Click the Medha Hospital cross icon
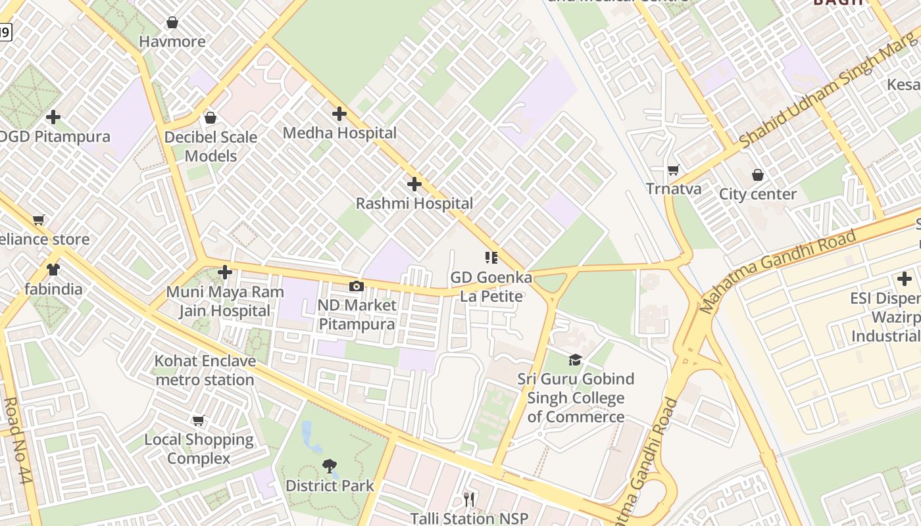339,114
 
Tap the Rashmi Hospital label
414,204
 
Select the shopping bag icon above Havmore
172,23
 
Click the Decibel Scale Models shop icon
211,118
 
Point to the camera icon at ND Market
356,286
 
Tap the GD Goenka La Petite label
491,287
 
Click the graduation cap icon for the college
576,360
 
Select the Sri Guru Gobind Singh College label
576,398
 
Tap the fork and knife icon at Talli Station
469,500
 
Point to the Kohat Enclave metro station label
205,371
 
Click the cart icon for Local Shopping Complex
199,420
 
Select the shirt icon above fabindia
53,270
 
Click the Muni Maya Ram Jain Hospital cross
225,272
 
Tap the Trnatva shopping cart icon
673,170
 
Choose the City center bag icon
758,175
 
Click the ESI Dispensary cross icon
905,279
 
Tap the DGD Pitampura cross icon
53,118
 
